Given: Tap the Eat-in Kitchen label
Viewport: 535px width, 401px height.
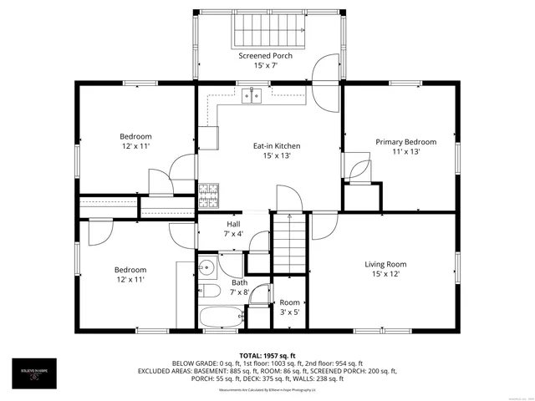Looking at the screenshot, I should click(x=277, y=146).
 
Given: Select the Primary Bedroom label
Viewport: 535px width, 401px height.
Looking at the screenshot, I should click(x=405, y=142).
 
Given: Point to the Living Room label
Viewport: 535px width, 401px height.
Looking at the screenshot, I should click(x=385, y=265).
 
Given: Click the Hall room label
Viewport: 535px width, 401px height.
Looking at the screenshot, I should click(x=234, y=225).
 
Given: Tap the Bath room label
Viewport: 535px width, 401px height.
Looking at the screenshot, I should click(x=239, y=282).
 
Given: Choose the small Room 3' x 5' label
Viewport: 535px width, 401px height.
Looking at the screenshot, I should click(x=289, y=302).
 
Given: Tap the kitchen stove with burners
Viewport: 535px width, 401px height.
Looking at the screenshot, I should click(x=208, y=195).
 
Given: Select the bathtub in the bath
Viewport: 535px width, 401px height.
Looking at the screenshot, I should click(x=222, y=317).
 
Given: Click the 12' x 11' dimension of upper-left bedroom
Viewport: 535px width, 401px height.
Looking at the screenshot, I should click(x=135, y=146).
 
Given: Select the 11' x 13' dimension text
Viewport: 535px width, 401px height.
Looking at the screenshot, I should click(x=405, y=151).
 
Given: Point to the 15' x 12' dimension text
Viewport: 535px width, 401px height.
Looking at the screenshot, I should click(x=385, y=274).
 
